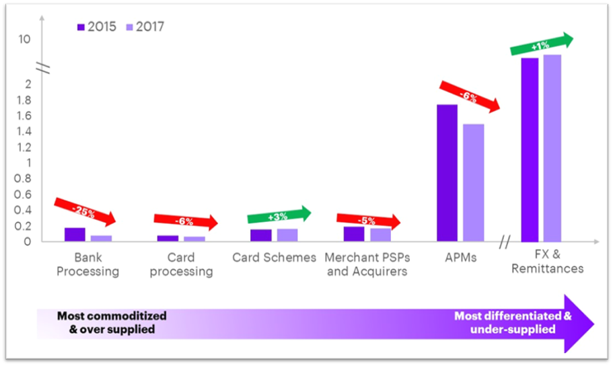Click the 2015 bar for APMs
[x=447, y=173]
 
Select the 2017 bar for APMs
[x=473, y=182]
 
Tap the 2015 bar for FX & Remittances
[x=530, y=149]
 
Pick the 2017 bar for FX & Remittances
[x=552, y=147]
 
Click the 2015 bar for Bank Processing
[x=75, y=234]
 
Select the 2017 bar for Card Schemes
[x=287, y=235]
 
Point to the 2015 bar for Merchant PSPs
[x=353, y=233]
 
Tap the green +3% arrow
[x=279, y=215]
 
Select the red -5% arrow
[x=368, y=219]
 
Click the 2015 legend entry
[x=97, y=27]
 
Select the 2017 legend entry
[x=145, y=27]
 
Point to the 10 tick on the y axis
[x=24, y=39]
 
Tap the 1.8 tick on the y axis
[x=24, y=100]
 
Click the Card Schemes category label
[x=274, y=258]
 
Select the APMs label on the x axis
[x=461, y=258]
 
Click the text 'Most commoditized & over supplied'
[x=112, y=322]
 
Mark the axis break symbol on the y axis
[x=43, y=67]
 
